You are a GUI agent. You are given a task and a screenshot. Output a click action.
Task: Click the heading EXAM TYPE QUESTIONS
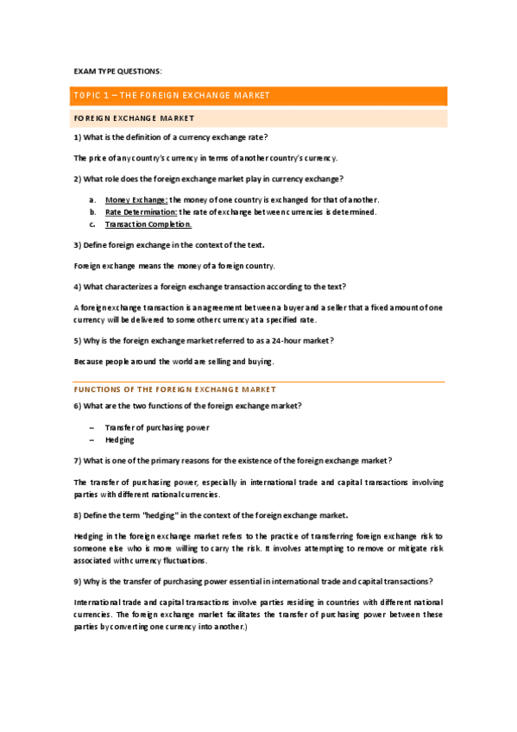pos(117,71)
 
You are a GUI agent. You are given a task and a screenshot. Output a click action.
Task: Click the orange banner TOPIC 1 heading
pos(173,95)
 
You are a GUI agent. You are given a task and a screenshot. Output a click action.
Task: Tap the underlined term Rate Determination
pos(141,211)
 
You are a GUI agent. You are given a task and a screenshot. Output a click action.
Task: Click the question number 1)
pos(78,137)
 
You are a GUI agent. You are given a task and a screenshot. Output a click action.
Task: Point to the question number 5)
pos(78,340)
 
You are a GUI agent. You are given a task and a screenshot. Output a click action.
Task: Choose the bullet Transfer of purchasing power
pos(157,427)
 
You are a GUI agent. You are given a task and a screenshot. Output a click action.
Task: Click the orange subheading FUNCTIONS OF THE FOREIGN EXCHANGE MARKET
pos(174,389)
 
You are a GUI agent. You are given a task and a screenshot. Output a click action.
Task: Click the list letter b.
pos(92,211)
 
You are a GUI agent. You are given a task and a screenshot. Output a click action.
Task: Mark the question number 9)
pos(78,580)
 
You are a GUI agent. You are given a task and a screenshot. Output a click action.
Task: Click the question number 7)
pos(78,460)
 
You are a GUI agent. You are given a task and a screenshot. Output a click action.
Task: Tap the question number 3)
pos(78,245)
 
